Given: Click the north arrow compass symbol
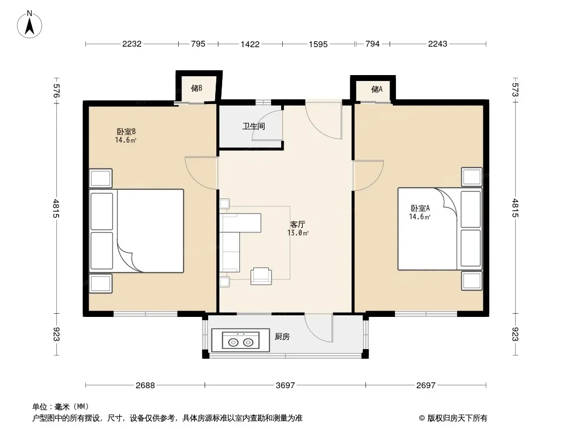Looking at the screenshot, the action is pos(30,25).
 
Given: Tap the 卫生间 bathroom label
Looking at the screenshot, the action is pos(253,127).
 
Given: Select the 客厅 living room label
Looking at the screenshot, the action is pos(298,224).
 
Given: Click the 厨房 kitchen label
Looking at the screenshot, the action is pos(282,336).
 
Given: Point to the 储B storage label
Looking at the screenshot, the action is pos(196,88).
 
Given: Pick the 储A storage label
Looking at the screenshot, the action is pos(377,89).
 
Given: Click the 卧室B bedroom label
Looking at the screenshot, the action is pos(126,131).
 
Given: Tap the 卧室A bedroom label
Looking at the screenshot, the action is pos(420,208).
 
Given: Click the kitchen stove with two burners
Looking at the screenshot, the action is pos(240,341).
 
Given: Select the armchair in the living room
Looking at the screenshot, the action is pos(261,276).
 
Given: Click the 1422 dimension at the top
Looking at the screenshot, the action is pos(250,44).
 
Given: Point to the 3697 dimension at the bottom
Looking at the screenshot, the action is pos(285,385).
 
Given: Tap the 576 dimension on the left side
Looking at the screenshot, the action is pos(56,91).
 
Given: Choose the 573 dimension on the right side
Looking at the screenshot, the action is pos(515,90).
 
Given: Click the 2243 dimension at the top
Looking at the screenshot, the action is pos(437,44).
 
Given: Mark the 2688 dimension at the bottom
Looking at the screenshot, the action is pos(145,385).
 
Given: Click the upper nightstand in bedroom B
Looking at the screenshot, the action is pos(101,178).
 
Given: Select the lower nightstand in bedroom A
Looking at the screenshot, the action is pos(472,280).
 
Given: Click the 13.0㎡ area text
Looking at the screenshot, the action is pos(298,233).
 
